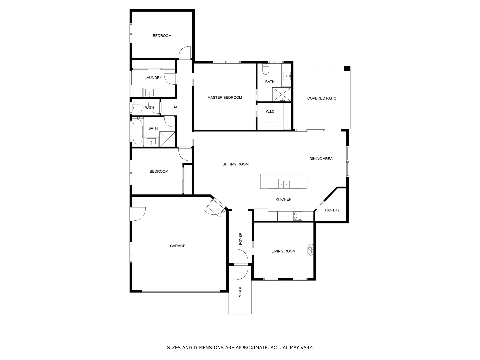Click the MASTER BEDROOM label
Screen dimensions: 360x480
click(224, 98)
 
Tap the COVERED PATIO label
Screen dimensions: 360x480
click(322, 98)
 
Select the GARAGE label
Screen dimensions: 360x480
click(177, 246)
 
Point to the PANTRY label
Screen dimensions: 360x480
click(332, 210)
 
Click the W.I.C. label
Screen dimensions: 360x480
click(270, 112)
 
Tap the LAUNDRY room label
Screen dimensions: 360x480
click(153, 78)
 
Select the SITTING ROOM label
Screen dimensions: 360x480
click(235, 164)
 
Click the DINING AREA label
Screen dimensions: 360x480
click(321, 159)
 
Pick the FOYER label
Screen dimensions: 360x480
click(240, 239)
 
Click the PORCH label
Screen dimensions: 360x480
click(240, 292)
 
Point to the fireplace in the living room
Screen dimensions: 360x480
click(310, 250)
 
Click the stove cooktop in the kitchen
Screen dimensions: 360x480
click(298, 216)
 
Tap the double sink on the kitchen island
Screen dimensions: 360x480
click(284, 184)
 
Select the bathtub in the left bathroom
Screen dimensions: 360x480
click(137, 132)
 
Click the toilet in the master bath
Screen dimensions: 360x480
click(265, 70)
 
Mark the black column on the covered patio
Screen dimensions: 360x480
click(347, 68)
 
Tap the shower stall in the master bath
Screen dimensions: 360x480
click(282, 94)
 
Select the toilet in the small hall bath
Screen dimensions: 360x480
click(137, 108)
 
